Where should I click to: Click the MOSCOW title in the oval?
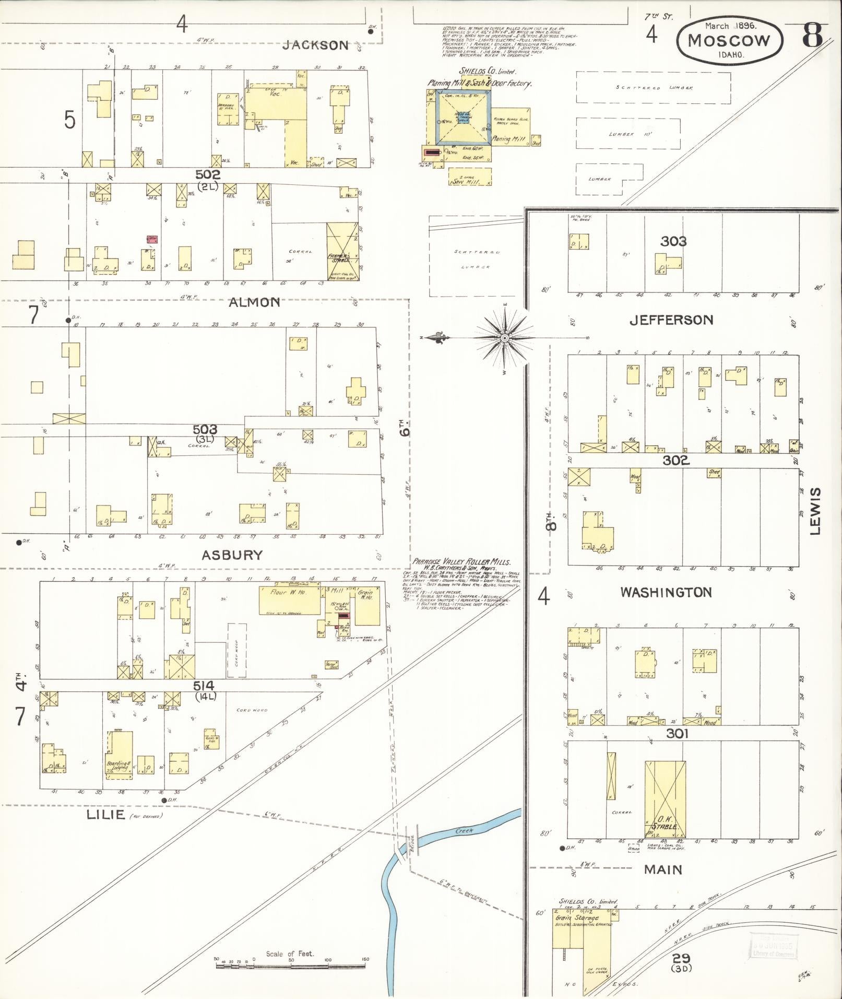729,41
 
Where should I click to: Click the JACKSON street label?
315,45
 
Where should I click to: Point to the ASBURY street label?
232,555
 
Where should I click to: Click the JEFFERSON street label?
671,320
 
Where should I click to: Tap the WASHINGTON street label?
666,592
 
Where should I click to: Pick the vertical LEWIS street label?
815,511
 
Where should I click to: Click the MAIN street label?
663,869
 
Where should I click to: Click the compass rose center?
505,338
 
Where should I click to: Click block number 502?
208,175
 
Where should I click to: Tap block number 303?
673,241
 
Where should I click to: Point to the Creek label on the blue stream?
464,830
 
